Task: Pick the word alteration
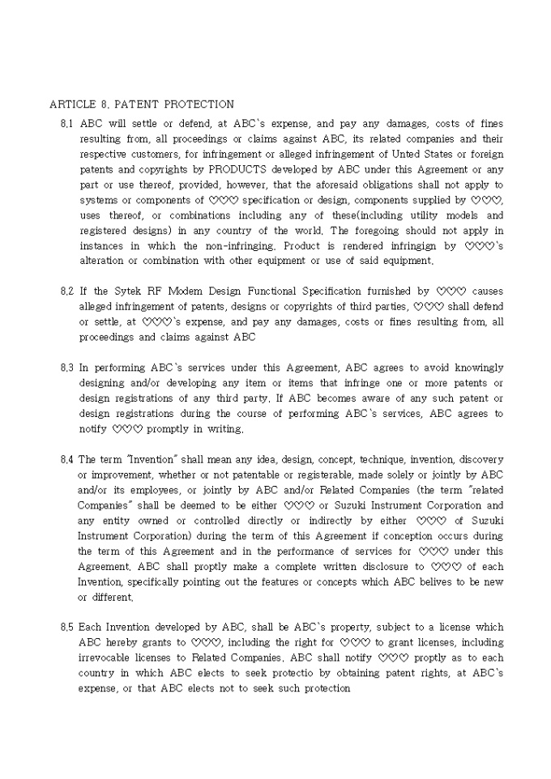(x=105, y=262)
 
